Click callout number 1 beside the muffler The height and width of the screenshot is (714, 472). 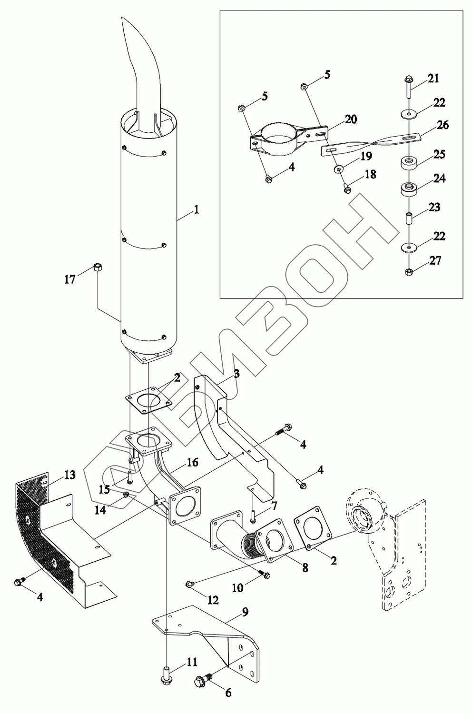coord(197,210)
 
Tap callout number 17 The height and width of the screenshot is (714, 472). coord(70,279)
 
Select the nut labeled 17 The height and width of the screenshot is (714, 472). coord(98,267)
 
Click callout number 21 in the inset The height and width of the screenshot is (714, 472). coord(433,78)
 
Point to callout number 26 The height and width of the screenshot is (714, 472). coord(443,125)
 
